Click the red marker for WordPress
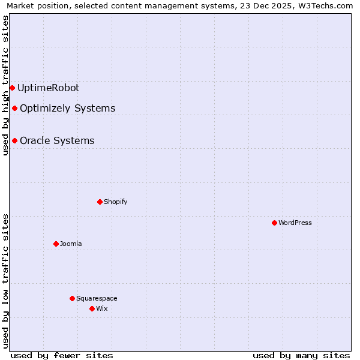coord(274,223)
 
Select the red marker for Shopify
coord(100,202)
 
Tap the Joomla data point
coord(56,244)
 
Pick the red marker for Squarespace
coord(72,298)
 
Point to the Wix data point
coord(92,308)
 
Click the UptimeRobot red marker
coord(12,88)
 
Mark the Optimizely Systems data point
coord(14,108)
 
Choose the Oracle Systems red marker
coord(14,140)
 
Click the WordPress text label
coord(295,223)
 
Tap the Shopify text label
coord(116,202)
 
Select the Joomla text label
coord(71,244)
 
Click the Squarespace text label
coord(97,298)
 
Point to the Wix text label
coord(102,308)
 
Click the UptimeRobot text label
coord(48,88)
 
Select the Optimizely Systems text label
coord(67,108)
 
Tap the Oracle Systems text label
coord(57,140)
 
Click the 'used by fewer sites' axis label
coord(62,355)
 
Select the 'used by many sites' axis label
coord(301,355)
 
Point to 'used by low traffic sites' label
coord(6,281)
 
